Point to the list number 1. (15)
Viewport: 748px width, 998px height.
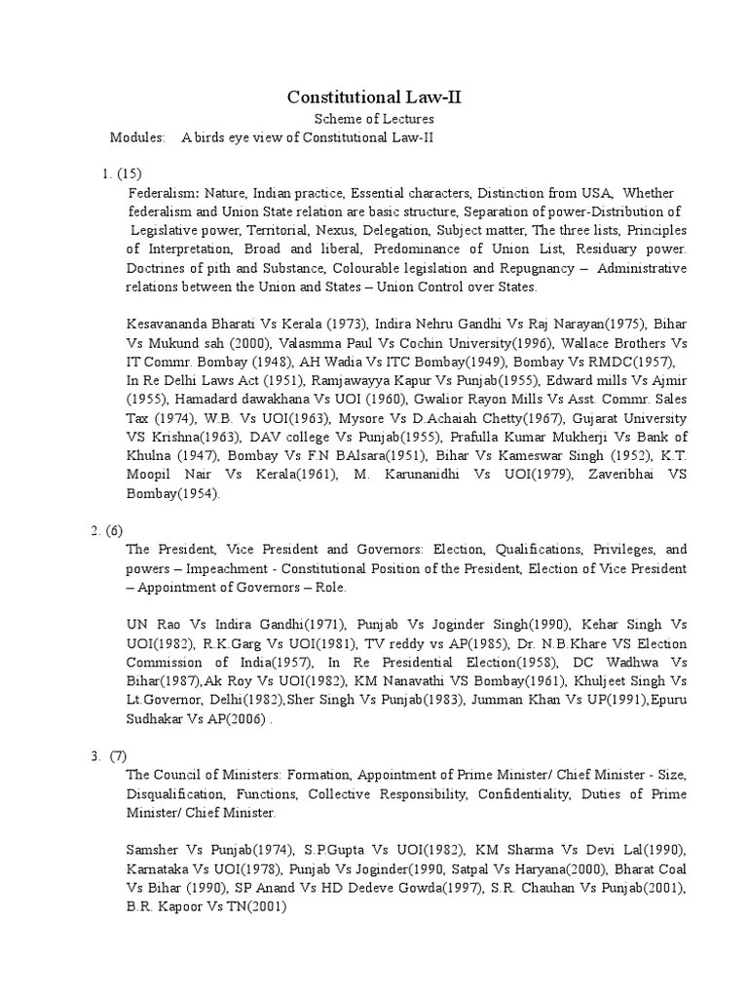122,174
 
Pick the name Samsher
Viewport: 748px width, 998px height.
155,849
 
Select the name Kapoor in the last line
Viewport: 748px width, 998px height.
177,905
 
